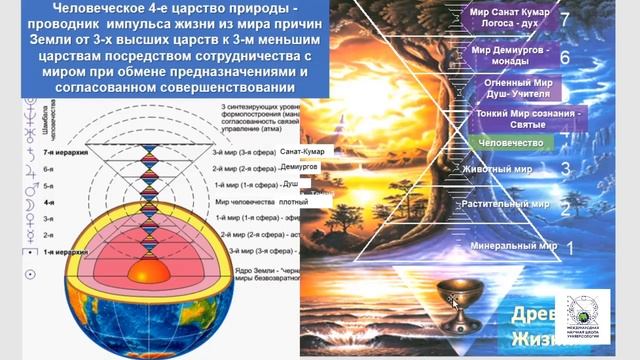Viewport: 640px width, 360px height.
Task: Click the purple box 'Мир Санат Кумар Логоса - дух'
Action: tap(509, 21)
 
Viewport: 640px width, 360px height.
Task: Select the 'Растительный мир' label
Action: tap(510, 204)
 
